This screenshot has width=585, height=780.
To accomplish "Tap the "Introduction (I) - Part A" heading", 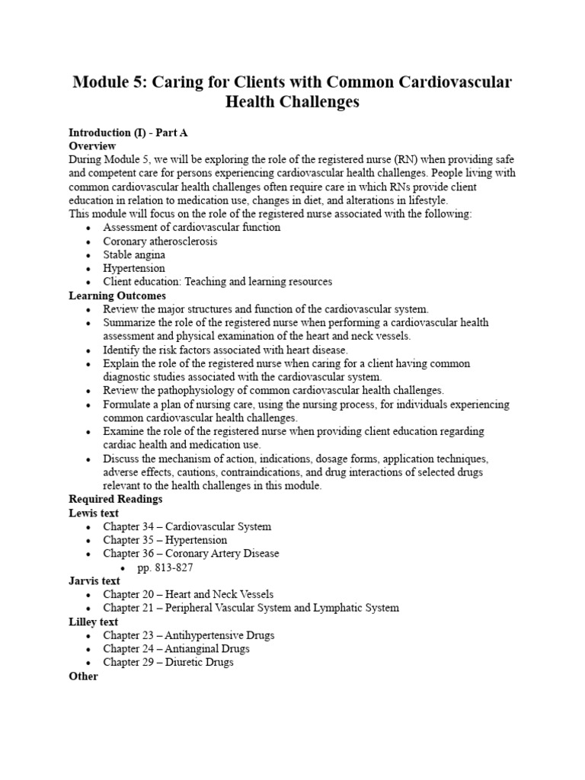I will point(128,132).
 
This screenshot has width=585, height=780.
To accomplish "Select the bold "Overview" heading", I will point(92,145).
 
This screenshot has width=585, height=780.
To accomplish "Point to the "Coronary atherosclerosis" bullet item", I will point(160,241).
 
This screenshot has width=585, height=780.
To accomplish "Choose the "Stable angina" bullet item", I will point(134,254).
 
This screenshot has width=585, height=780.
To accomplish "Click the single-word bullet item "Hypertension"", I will point(134,268).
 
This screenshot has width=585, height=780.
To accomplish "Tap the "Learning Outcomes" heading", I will point(117,296).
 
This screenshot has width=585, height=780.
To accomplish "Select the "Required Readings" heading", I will point(115,499).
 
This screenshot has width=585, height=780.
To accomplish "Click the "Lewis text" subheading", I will point(94,513).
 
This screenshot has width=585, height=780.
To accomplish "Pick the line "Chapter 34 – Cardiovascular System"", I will point(187,526).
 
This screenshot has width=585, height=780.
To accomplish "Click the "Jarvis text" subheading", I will point(94,580).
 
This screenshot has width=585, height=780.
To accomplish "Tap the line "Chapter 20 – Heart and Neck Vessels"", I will point(188,594).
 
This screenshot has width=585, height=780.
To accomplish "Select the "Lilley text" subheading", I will point(94,622).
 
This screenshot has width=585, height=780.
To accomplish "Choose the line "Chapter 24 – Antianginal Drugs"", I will point(176,649).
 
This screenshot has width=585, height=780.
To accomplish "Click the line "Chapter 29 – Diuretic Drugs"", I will point(168,663).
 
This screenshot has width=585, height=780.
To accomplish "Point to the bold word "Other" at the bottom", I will point(84,676).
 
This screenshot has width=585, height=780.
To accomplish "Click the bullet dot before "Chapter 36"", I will point(90,554).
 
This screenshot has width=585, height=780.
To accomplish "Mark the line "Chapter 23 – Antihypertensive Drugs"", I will point(189,635).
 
